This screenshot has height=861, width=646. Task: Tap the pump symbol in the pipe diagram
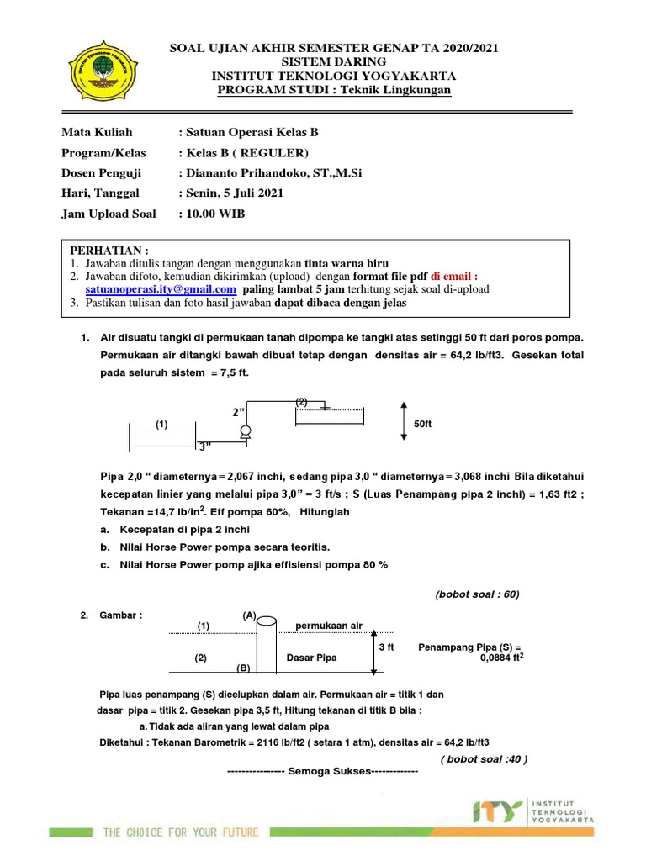246,432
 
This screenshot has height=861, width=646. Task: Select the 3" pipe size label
204,446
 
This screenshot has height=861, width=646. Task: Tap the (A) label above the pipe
249,615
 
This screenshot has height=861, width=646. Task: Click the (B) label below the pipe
244,667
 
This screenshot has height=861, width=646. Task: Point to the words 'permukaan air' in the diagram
328,626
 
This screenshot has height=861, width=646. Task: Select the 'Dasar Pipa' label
311,658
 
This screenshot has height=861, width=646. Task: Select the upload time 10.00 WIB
215,214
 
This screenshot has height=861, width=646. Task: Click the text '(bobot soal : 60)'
477,594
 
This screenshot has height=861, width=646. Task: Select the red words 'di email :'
453,276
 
